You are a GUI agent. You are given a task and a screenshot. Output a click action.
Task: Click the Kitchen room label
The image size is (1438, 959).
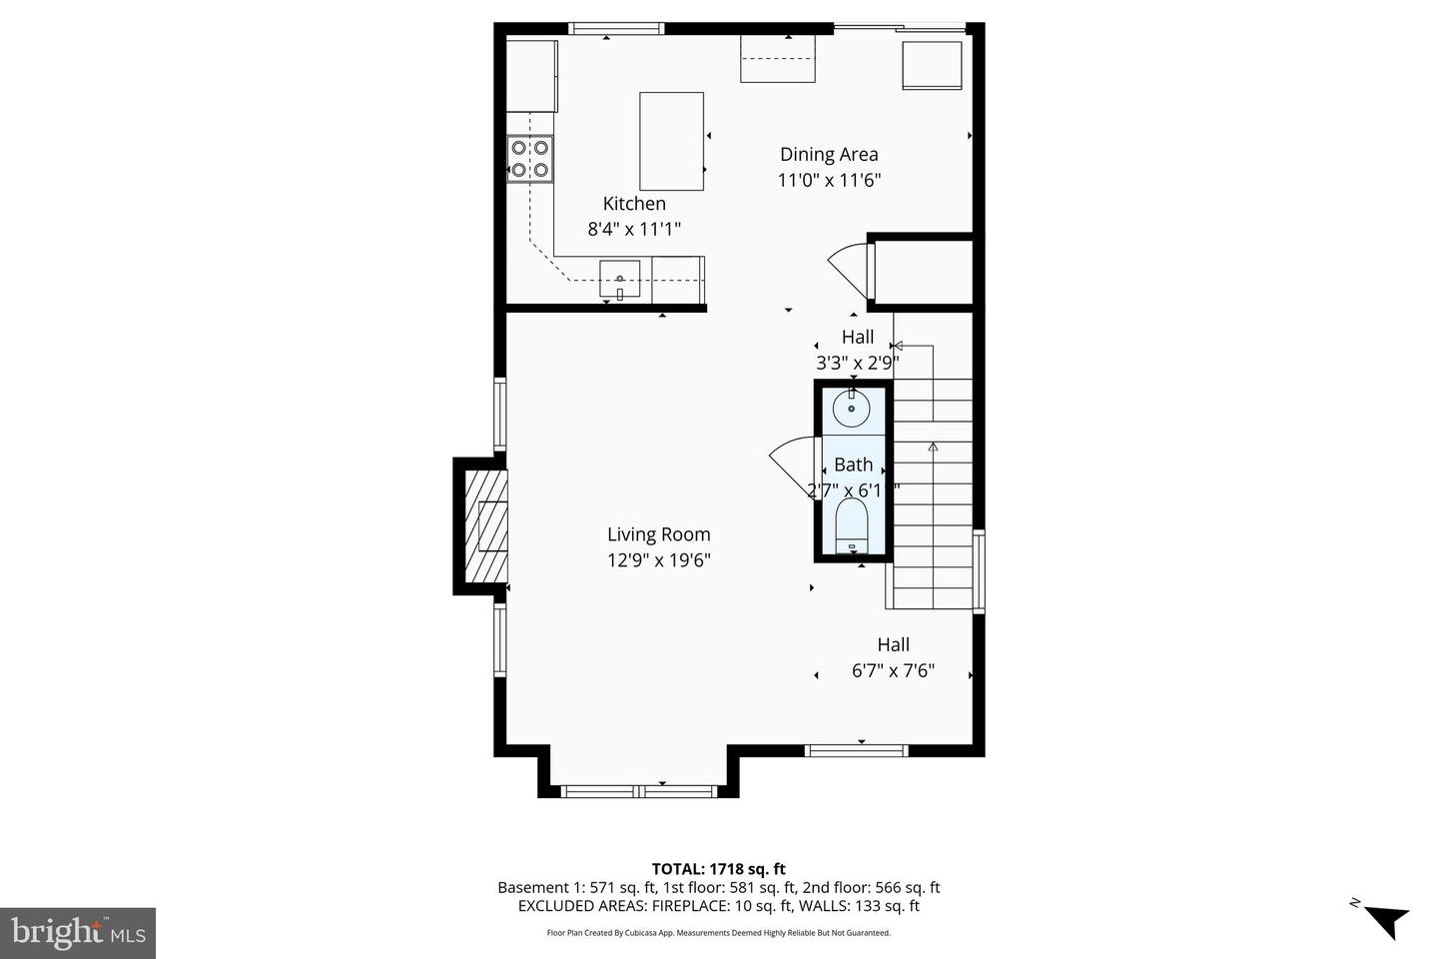633,204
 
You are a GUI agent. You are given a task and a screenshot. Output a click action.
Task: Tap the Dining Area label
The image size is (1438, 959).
829,154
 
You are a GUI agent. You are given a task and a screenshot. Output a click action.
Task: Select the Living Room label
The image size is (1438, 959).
658,534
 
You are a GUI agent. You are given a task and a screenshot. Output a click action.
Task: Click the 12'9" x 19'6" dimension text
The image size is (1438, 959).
658,560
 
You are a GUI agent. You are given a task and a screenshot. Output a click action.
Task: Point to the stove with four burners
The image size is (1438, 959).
530,159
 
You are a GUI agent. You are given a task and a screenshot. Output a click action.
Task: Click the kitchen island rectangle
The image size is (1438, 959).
671,141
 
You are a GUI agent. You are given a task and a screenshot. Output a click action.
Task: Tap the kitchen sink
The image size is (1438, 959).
619,279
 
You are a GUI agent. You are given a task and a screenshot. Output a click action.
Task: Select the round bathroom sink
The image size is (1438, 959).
851,409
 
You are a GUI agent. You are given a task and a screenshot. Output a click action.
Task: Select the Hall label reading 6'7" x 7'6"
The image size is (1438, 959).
893,658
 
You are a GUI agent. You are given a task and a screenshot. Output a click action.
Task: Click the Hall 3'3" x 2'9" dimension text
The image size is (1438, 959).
858,363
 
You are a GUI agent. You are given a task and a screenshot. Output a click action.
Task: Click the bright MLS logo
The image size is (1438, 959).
77,933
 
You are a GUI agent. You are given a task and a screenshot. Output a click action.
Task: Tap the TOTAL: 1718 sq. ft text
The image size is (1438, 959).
718,869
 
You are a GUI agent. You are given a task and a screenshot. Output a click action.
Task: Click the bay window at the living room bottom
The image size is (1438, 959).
639,791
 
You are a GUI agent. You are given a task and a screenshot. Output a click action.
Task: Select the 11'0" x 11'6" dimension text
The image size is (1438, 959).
829,180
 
